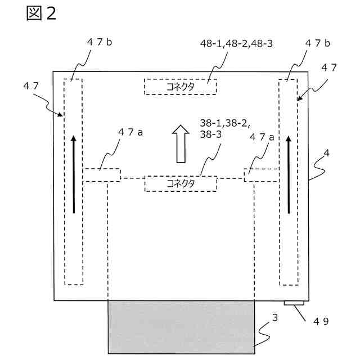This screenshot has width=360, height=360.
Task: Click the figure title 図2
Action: tap(41, 13)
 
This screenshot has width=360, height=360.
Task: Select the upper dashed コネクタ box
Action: tap(180, 87)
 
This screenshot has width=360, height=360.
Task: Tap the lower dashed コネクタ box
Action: tap(181, 183)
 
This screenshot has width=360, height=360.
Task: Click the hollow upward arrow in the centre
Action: tap(181, 144)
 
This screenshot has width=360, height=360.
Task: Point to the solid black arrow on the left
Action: tap(73, 174)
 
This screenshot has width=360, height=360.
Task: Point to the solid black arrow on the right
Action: tap(289, 174)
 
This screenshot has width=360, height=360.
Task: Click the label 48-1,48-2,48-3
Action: tap(237, 43)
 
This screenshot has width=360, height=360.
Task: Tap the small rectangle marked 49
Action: tap(295, 304)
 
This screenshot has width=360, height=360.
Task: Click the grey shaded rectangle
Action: tap(181, 327)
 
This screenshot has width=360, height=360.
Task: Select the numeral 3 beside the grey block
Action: tap(274, 318)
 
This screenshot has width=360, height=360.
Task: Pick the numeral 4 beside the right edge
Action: tap(326, 152)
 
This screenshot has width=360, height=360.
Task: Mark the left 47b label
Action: tap(100, 43)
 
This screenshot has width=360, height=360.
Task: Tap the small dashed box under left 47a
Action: tap(102, 175)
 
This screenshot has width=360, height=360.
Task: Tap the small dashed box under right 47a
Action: tap(262, 175)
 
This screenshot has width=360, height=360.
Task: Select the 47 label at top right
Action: tap(328, 67)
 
